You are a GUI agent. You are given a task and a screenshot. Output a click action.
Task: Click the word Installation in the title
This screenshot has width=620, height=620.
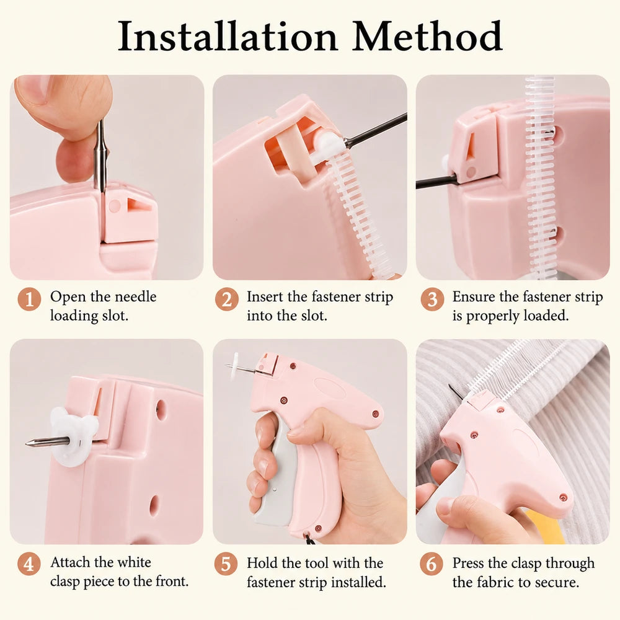click(228, 36)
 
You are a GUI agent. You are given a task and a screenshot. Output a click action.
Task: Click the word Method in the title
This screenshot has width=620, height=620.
click(427, 36)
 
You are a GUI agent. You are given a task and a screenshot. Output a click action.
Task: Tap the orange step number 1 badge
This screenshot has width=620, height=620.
click(29, 299)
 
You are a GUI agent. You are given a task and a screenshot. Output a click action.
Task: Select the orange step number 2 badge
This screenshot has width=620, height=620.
click(226, 299)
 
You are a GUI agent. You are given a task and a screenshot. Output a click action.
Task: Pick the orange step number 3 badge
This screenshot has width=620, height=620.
click(432, 299)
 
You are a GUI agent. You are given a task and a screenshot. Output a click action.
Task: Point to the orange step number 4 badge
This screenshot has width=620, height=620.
click(29, 564)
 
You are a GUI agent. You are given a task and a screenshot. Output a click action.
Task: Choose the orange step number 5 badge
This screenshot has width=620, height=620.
click(226, 564)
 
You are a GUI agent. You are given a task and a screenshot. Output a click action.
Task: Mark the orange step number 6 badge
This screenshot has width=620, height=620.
click(431, 564)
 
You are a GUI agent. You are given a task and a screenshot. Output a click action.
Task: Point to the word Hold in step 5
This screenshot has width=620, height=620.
click(262, 563)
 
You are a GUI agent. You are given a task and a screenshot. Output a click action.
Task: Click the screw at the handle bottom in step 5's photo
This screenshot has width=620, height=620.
click(319, 528)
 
